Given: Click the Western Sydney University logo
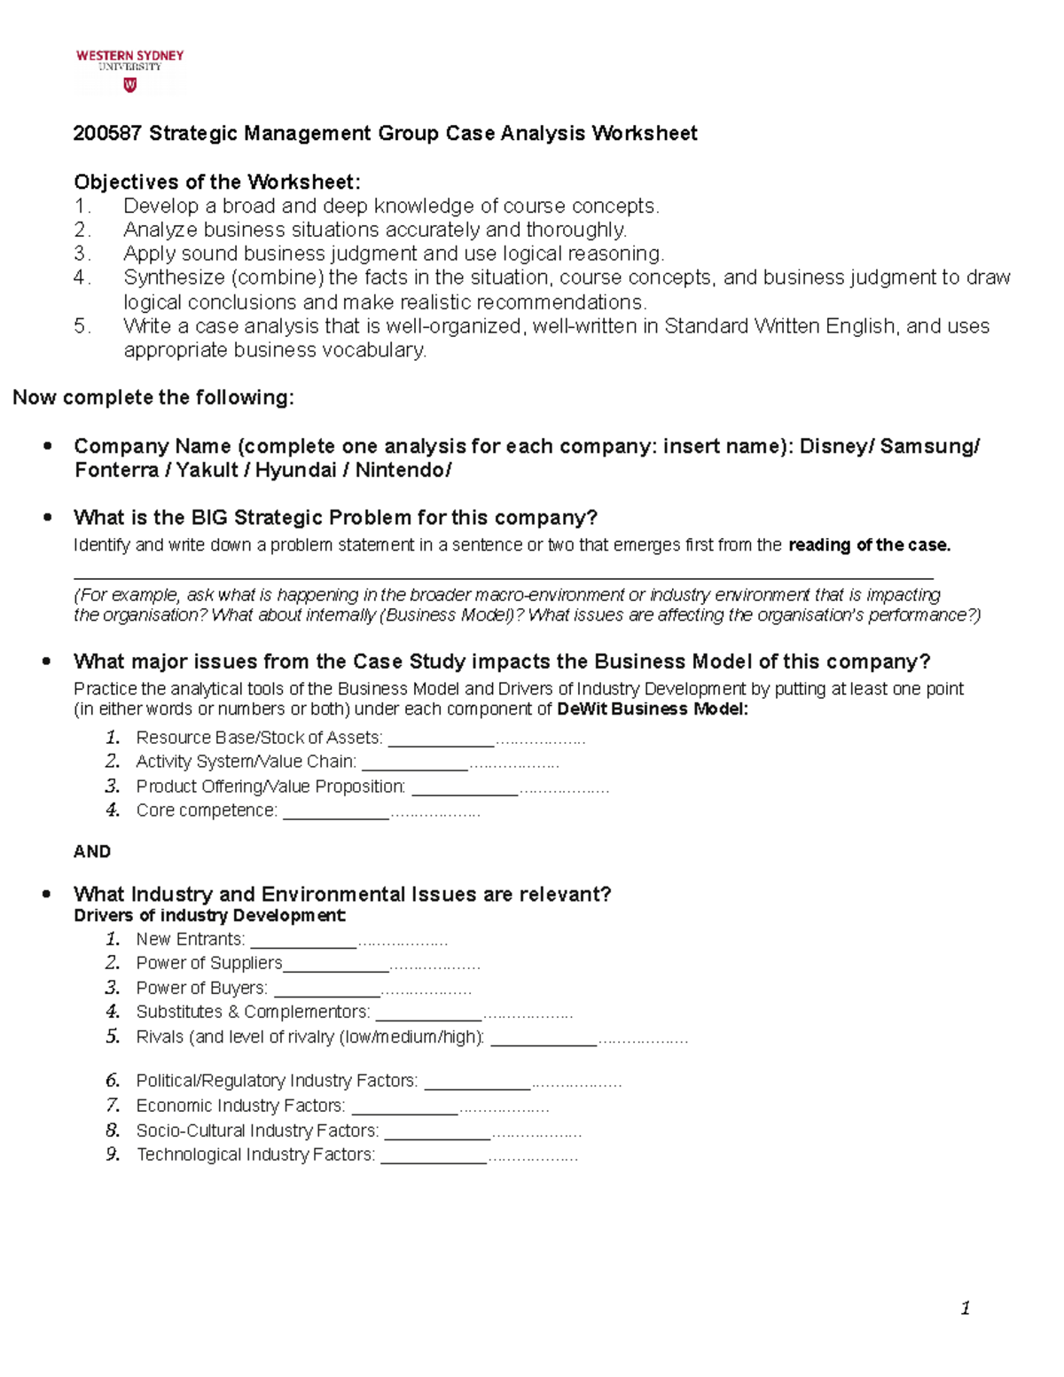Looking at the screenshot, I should pyautogui.click(x=129, y=70).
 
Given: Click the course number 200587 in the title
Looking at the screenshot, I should pyautogui.click(x=107, y=134).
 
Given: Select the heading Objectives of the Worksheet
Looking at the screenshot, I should pyautogui.click(x=217, y=183).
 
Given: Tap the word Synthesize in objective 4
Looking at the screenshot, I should pyautogui.click(x=173, y=278).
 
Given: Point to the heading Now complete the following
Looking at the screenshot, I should pyautogui.click(x=153, y=397).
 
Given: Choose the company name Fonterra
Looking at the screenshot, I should pyautogui.click(x=116, y=470).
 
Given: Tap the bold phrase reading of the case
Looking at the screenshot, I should pyautogui.click(x=869, y=545).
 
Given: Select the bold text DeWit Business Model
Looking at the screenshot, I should pyautogui.click(x=652, y=709).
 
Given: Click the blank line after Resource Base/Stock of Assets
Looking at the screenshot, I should pyautogui.click(x=441, y=739).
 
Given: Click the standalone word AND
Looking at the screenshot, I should pyautogui.click(x=92, y=852).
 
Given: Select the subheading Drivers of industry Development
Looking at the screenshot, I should pyautogui.click(x=209, y=916).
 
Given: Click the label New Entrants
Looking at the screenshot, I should pyautogui.click(x=190, y=940).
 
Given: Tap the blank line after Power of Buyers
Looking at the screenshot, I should pyautogui.click(x=325, y=990).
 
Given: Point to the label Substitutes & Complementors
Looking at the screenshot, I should pyautogui.click(x=253, y=1013).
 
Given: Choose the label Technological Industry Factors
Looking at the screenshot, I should pyautogui.click(x=255, y=1155).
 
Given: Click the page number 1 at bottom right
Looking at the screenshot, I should pyautogui.click(x=965, y=1309).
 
